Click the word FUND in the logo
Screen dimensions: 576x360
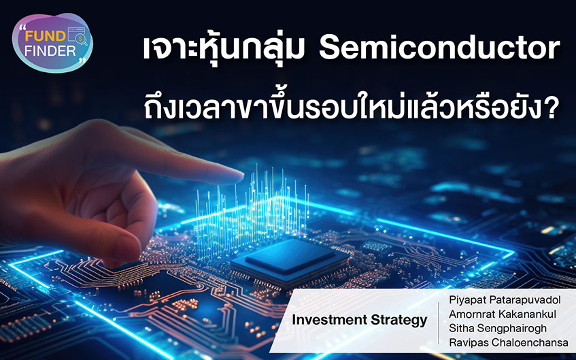pos(45,36)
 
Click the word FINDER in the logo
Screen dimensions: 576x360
pos(50,51)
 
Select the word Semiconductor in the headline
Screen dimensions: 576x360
pos(439,48)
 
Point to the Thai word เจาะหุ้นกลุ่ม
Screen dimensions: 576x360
pos(223,49)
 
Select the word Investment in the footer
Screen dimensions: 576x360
pos(330,320)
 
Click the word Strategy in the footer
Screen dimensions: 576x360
pos(399,321)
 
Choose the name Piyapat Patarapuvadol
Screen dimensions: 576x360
pos(505,300)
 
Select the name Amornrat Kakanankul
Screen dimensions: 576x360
pos(503,314)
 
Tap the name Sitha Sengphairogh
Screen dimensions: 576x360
pos(498,328)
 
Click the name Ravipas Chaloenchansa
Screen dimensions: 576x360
pos(509,343)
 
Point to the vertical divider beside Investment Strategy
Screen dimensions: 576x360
pos(439,323)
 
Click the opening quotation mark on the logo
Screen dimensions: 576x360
pos(22,28)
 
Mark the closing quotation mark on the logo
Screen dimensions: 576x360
pos(83,61)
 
